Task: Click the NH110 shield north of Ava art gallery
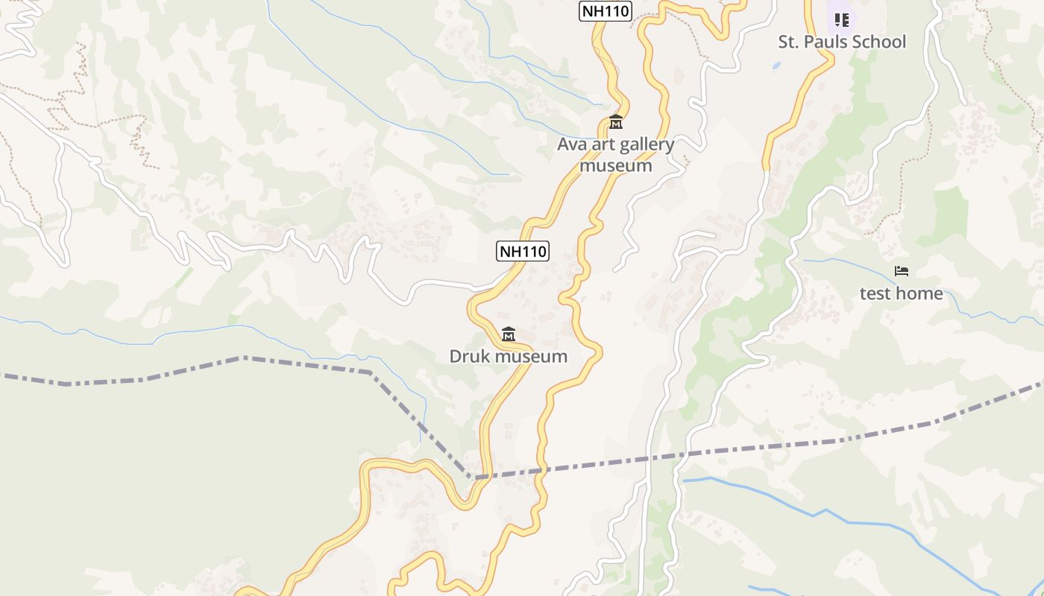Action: pyautogui.click(x=606, y=11)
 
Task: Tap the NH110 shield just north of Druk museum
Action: pyautogui.click(x=523, y=251)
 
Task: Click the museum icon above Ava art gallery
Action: pyautogui.click(x=616, y=121)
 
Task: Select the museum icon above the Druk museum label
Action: pyautogui.click(x=509, y=334)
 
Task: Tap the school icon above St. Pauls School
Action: pyautogui.click(x=842, y=19)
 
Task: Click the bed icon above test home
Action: pyautogui.click(x=902, y=271)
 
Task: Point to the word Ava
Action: pyautogui.click(x=572, y=145)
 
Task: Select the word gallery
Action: pyautogui.click(x=645, y=145)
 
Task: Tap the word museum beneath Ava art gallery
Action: pyautogui.click(x=616, y=165)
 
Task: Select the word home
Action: pyautogui.click(x=922, y=294)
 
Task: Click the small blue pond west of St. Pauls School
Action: pyautogui.click(x=776, y=66)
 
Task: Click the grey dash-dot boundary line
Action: pyautogui.click(x=298, y=363)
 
